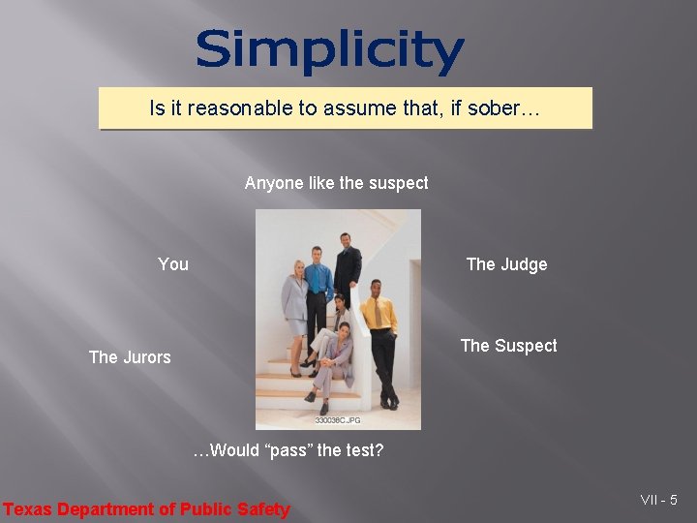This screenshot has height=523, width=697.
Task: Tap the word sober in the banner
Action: [x=493, y=108]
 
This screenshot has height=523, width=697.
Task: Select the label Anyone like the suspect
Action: [x=336, y=183]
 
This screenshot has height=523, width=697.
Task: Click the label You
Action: [x=173, y=264]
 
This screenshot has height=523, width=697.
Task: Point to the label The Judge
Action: [x=506, y=264]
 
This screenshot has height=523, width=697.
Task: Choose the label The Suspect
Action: [x=508, y=346]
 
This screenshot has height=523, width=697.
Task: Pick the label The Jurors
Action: [x=129, y=357]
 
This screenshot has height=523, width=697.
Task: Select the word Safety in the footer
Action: [x=263, y=509]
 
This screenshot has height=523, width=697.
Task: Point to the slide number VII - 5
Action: [x=658, y=500]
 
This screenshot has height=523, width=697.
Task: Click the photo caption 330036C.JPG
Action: [x=338, y=419]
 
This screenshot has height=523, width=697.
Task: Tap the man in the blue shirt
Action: [x=318, y=291]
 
